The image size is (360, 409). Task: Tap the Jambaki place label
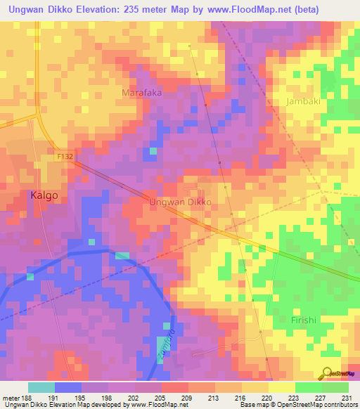click(304, 101)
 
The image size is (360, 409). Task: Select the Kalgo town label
click(44, 196)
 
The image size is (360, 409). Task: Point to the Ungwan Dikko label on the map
click(181, 201)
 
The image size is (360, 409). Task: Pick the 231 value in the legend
click(345, 397)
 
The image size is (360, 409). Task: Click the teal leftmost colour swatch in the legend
click(41, 387)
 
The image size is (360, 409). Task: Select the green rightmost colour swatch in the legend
click(335, 387)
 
